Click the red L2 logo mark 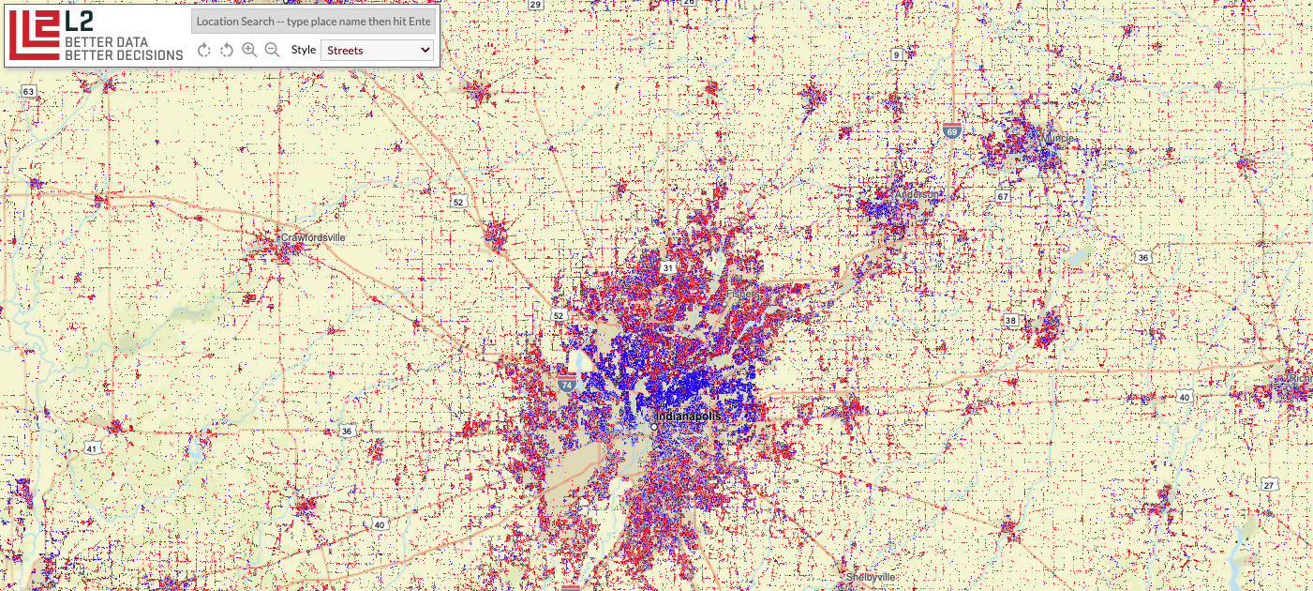tap(34, 35)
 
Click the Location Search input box tap(313, 21)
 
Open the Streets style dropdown tap(378, 50)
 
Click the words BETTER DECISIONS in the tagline tap(124, 55)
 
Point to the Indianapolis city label tap(688, 416)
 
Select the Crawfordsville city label tap(312, 237)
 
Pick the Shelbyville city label tap(872, 576)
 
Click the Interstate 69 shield tap(952, 132)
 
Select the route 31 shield tap(667, 268)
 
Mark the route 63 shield tap(28, 91)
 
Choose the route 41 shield tap(91, 448)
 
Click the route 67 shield tap(1003, 196)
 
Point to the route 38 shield tap(1010, 320)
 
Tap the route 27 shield tap(1269, 484)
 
